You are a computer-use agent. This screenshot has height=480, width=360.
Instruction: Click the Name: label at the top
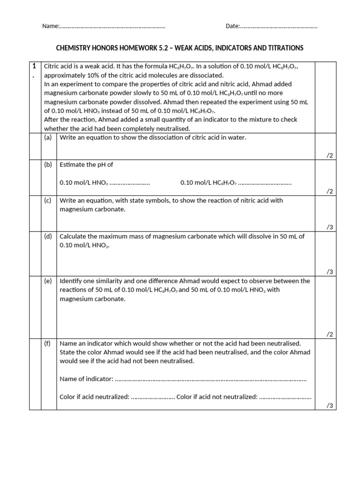coord(51,26)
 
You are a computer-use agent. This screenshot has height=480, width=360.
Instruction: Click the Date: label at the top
coord(233,26)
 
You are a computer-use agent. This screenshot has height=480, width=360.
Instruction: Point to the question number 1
coord(34,67)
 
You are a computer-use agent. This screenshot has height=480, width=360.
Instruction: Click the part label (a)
coord(48,137)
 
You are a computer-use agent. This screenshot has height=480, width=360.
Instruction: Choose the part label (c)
coord(48,200)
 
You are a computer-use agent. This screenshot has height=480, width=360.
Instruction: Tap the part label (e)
coord(48,281)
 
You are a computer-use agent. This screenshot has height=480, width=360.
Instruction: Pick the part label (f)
coord(48,343)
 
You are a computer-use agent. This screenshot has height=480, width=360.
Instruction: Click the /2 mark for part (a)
coord(330,156)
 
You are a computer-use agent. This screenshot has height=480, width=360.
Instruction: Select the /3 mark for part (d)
coord(330,271)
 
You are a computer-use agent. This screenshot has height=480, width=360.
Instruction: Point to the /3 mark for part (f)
coord(330,406)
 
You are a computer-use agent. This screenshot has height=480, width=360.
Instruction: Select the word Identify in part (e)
coord(71,281)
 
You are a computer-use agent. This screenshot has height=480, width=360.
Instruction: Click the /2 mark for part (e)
coord(330,334)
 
